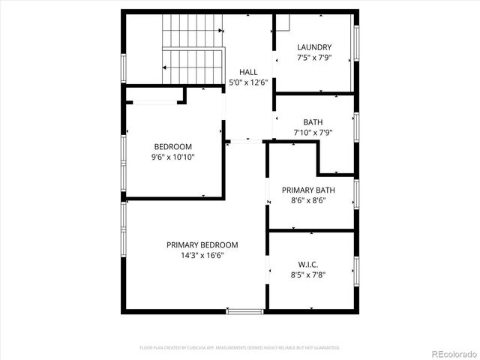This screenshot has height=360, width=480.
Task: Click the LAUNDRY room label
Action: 313,47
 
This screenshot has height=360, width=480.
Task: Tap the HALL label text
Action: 248,72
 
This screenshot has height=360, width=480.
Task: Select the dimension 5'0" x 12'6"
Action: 248,82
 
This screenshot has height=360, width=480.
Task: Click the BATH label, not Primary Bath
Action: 313,122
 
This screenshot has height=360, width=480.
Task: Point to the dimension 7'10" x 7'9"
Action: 313,133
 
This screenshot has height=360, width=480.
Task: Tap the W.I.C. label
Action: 307,264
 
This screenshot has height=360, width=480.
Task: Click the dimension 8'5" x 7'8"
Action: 307,274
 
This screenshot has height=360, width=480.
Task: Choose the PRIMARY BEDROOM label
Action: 202,244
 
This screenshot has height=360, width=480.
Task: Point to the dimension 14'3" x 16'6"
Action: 202,255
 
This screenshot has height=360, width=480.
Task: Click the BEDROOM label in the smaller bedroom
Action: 172,147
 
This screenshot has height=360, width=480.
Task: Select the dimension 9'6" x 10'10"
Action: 172,157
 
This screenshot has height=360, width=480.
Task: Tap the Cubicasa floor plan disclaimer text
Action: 240,348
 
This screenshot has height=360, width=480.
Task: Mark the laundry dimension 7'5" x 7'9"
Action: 313,58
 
